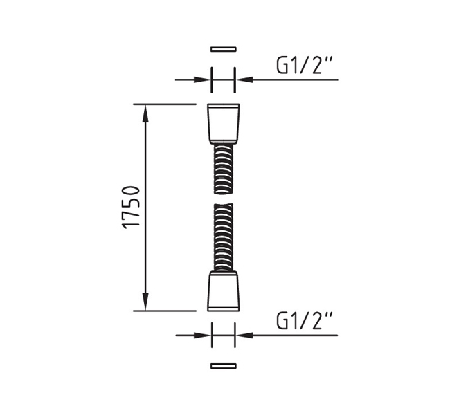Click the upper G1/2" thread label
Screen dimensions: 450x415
click(x=304, y=66)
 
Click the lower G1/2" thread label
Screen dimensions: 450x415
click(x=304, y=321)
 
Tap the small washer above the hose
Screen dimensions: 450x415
click(x=224, y=49)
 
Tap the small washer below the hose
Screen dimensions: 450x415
click(x=224, y=366)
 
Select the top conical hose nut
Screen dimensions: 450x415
click(x=224, y=124)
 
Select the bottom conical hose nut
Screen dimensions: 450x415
click(x=224, y=291)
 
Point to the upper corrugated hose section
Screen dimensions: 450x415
click(x=224, y=169)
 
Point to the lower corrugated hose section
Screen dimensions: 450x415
click(x=224, y=237)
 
